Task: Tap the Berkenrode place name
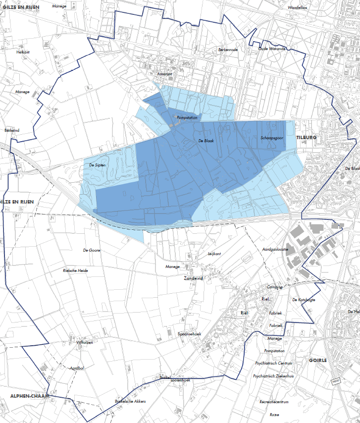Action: (228, 50)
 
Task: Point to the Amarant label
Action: (165, 74)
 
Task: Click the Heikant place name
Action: (23, 52)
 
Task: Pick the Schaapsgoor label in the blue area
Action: (272, 138)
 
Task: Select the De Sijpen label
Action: (97, 165)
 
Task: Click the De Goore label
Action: (92, 250)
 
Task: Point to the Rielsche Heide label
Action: (75, 270)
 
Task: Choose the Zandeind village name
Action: (194, 279)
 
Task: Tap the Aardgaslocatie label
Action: (275, 250)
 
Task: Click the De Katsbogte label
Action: (304, 300)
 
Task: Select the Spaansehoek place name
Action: (189, 334)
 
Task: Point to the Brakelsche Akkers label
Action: (130, 401)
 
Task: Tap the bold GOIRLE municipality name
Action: (318, 360)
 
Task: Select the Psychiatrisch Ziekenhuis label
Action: (273, 376)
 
